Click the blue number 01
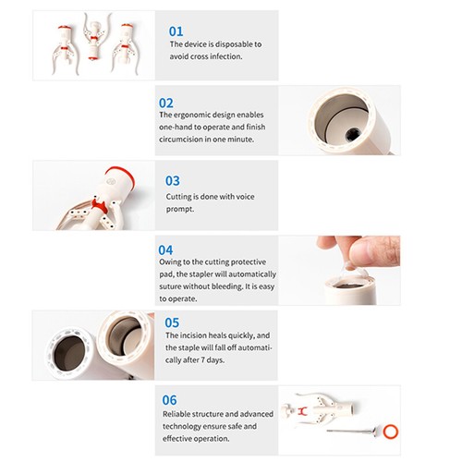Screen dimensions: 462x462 click(x=176, y=31)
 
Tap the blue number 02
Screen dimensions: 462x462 click(x=166, y=103)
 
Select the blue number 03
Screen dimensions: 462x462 click(x=173, y=181)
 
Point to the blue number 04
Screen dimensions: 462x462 click(x=165, y=250)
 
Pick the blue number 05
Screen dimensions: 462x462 click(x=172, y=322)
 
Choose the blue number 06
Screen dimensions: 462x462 click(x=170, y=400)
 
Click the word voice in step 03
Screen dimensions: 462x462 click(x=245, y=197)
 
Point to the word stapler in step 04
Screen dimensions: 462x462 click(x=201, y=274)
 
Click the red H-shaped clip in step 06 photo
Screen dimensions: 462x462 click(x=302, y=410)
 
